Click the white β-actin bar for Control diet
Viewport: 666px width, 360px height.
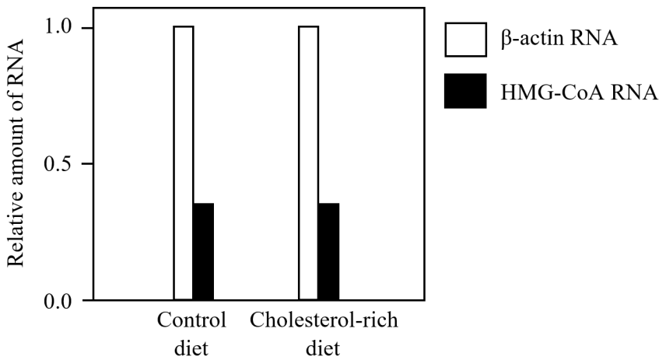point(184,163)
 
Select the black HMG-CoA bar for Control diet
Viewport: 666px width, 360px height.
point(203,251)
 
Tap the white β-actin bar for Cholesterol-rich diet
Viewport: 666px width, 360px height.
point(309,163)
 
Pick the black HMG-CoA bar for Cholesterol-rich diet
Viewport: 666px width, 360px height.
point(328,251)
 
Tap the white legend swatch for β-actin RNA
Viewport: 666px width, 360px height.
point(465,39)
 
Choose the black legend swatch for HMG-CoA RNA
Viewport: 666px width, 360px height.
point(465,91)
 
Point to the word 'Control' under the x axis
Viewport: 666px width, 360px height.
point(191,321)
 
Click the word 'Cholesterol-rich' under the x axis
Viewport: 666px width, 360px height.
point(324,321)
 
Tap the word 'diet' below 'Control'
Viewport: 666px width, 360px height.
point(191,348)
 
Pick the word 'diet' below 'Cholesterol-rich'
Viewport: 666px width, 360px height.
point(323,348)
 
